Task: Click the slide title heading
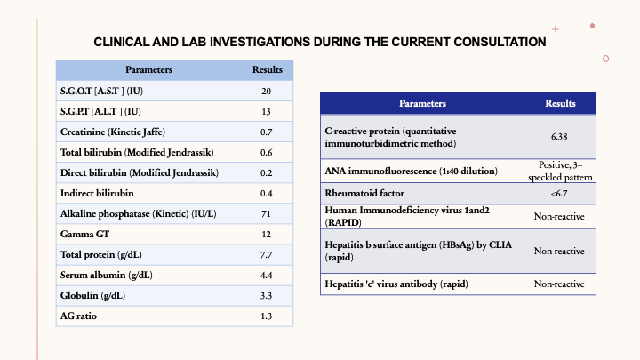pos(320,41)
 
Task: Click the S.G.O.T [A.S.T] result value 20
pos(267,92)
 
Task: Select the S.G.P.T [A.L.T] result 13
pos(267,112)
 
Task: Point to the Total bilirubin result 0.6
pos(267,152)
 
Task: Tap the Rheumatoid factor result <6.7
pos(559,193)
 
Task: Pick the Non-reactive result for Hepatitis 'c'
pos(559,284)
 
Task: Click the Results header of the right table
pos(559,104)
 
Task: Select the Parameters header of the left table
pos(148,70)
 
